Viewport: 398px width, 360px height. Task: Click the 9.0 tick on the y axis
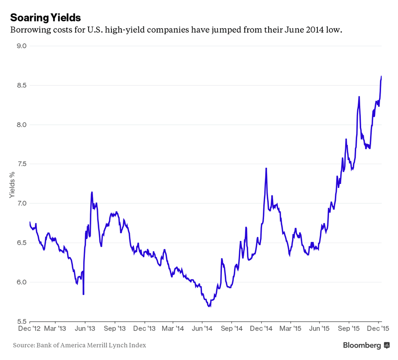[x=21, y=46]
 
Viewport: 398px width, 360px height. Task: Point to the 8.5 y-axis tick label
[x=21, y=85]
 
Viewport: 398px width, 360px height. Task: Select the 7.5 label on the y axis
[x=21, y=164]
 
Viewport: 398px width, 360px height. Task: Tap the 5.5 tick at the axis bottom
[x=21, y=321]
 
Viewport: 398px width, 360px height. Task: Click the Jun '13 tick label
[x=85, y=329]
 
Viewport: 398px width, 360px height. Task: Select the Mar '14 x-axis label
[x=173, y=329]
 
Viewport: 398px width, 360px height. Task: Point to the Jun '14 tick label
[x=202, y=329]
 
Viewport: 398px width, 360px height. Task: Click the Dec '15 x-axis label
[x=378, y=329]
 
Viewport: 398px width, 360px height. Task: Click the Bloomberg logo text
[x=362, y=345]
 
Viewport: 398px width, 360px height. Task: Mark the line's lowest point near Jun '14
[x=209, y=306]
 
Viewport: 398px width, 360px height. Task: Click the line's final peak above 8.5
[x=381, y=77]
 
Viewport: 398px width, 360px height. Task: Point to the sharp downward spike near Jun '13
[x=83, y=294]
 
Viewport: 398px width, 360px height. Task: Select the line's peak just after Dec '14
[x=266, y=168]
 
